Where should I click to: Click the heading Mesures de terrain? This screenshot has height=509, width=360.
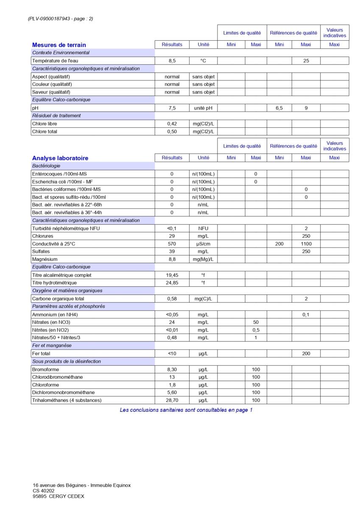59,45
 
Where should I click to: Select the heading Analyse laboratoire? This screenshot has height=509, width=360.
60,158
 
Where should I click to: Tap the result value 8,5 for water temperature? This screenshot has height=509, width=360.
172,61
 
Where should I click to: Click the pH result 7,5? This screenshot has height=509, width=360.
172,108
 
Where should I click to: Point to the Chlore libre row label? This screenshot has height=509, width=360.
45,124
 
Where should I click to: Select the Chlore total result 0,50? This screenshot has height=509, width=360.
172,131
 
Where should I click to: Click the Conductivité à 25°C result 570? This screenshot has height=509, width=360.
172,244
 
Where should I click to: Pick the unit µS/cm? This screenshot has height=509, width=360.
203,244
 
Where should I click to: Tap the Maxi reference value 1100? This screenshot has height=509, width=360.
306,244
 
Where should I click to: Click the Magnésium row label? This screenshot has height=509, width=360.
45,259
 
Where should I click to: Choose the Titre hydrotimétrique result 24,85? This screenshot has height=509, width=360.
172,283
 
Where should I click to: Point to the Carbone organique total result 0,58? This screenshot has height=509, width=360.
172,299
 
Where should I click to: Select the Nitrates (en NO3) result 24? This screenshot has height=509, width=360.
172,322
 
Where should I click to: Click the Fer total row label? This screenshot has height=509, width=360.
41,353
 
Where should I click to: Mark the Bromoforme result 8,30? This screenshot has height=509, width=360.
172,369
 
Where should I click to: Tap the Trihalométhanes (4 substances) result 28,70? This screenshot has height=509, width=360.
172,400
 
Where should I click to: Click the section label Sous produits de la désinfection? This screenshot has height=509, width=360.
67,361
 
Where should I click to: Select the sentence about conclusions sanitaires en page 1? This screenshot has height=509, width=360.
186,410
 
